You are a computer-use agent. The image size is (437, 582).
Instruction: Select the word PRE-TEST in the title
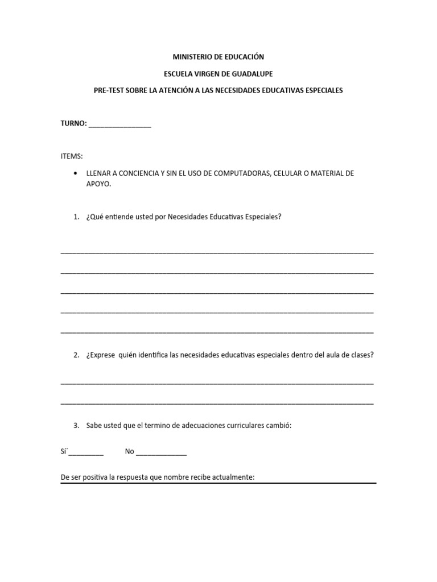(108, 90)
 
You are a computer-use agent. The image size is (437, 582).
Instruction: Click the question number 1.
(76, 217)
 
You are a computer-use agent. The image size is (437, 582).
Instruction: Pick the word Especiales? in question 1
(264, 217)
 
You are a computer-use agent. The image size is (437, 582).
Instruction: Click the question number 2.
(76, 355)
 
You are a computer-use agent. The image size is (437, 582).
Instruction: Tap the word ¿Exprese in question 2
(101, 355)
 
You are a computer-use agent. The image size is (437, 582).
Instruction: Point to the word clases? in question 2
(361, 355)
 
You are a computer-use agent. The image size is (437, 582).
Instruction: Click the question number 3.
(76, 425)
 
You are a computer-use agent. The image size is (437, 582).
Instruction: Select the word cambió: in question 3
(278, 425)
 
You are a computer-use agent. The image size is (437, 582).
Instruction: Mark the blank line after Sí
(86, 454)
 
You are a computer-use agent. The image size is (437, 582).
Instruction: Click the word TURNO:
(73, 123)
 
